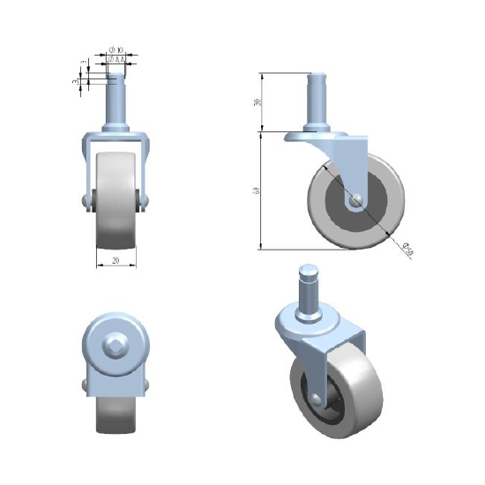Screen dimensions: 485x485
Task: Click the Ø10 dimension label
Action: (116, 50)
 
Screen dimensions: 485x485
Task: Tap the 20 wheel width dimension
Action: (116, 260)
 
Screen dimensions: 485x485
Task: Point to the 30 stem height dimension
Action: (257, 101)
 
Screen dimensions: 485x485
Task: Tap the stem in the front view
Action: (116, 101)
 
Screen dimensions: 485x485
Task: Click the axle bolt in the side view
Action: (354, 200)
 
